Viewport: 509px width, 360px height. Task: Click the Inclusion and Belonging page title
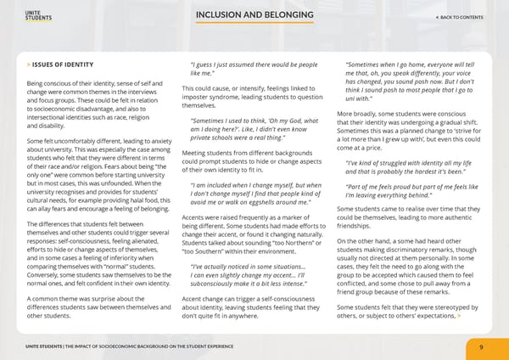click(x=254, y=18)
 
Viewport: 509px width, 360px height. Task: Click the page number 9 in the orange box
click(x=481, y=346)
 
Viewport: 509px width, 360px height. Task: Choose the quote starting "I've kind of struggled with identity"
click(x=406, y=166)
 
